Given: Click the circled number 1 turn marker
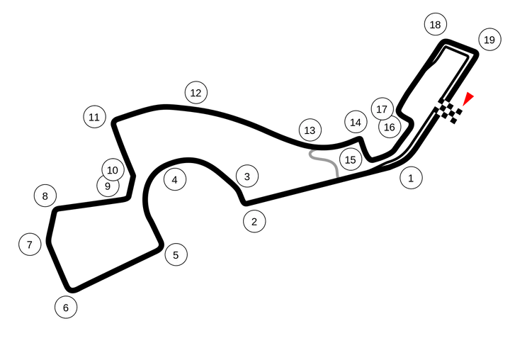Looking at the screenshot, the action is point(411,178).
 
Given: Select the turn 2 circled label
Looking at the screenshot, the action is point(254,221).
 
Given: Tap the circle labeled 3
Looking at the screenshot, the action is point(247,176).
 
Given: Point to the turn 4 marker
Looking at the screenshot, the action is point(175,180).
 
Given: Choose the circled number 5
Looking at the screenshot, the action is point(176,254).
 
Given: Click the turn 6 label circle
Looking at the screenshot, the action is point(66,308).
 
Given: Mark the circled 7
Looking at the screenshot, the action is point(30,244).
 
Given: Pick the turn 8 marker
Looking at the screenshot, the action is point(45,196).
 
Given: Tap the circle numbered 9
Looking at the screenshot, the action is point(108,186).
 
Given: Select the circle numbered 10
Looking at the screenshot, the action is point(113,170).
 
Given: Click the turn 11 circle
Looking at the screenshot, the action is point(95,116).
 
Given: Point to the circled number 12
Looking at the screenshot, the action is point(196,93).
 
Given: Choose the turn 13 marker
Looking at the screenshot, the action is point(310,130).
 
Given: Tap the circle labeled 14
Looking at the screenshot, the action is point(356,122).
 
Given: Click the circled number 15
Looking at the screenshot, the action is point(351,159).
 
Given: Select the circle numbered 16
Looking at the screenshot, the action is point(390,127).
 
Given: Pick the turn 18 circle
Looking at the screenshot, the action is point(436,24).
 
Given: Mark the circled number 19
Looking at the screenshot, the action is point(490,40).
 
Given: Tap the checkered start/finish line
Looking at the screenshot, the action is point(448,111).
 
